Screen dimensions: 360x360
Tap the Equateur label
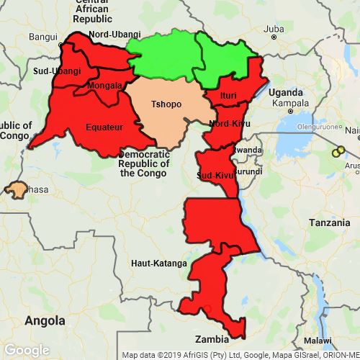104,127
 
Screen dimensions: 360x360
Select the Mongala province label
104,86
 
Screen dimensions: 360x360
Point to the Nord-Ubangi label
114,34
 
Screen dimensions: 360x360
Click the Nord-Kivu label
225,123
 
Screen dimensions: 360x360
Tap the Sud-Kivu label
213,175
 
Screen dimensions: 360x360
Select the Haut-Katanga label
159,264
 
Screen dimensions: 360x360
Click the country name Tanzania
330,223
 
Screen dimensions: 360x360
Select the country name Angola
45,319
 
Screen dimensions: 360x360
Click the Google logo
27,349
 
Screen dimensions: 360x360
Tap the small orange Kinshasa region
14,191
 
